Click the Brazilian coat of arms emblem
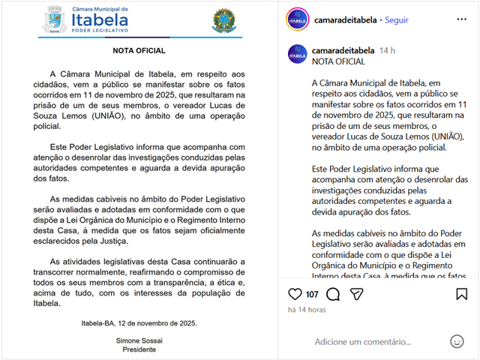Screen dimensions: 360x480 click(223, 21)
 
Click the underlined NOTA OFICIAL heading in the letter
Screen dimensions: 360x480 click(139, 51)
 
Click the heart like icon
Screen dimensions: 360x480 click(295, 294)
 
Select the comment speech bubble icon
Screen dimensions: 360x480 click(333, 294)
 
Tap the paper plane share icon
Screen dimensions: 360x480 click(357, 294)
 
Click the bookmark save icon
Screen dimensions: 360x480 click(461, 294)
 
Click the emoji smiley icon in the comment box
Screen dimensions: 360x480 click(457, 341)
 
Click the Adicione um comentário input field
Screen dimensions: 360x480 click(363, 342)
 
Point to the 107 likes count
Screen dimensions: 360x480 click(312, 295)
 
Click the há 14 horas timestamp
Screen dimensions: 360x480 click(307, 310)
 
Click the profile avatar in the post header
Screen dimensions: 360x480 click(298, 20)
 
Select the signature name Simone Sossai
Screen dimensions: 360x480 click(139, 340)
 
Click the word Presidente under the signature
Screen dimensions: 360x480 click(139, 349)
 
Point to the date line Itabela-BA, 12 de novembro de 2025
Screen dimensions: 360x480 click(139, 323)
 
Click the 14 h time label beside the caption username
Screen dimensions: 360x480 click(387, 50)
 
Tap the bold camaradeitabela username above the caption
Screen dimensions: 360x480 click(343, 50)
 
